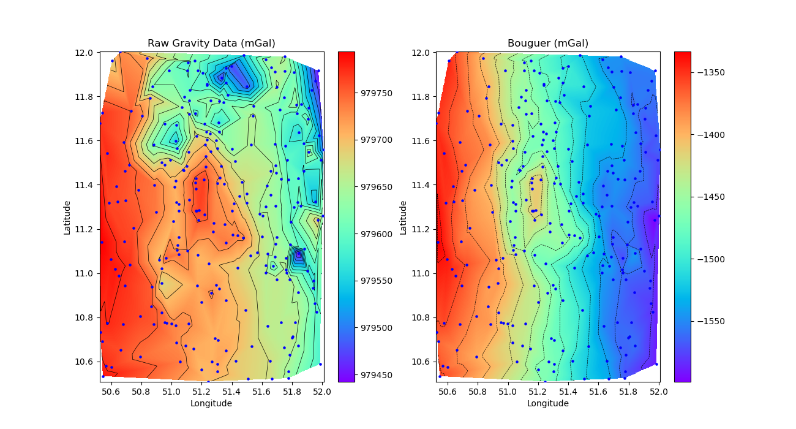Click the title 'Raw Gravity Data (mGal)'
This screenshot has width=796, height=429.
coord(211,43)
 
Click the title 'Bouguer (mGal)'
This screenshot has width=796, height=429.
coord(547,43)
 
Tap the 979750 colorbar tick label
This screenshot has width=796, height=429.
coord(375,93)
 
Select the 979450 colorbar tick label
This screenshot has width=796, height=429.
coord(375,374)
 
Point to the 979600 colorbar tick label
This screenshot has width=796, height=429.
coord(375,234)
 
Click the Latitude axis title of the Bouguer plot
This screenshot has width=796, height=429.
coord(404,217)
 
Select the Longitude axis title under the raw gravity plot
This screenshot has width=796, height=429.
coord(211,403)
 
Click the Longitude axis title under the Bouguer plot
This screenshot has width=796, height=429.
coord(547,403)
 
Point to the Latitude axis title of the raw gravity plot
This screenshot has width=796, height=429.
coord(67,217)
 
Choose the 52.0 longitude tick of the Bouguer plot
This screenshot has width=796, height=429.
coord(658,391)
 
